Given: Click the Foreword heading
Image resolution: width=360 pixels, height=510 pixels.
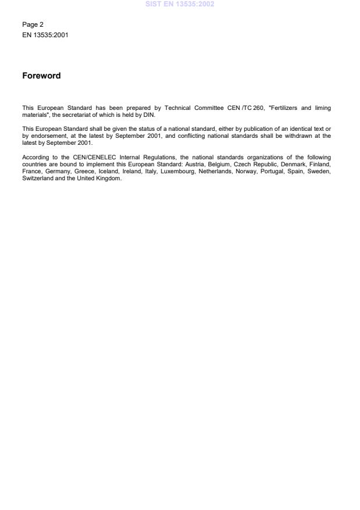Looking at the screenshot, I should click(41, 76).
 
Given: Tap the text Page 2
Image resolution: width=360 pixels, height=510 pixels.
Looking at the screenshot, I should click(33, 24).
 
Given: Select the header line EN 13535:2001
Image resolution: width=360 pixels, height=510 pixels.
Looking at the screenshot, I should click(45, 34).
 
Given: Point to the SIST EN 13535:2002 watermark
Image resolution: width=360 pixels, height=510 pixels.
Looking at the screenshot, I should click(180, 4).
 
